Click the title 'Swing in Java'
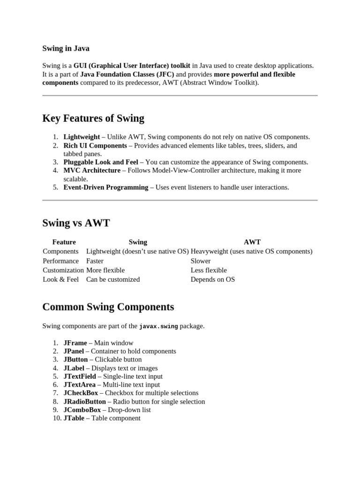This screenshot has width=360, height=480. coord(66,48)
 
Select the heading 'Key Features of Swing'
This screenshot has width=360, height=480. coord(93,118)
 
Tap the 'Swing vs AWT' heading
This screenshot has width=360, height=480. coord(76,223)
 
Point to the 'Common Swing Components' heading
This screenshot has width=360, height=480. coord(108,307)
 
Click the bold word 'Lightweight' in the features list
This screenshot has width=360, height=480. coord(82,137)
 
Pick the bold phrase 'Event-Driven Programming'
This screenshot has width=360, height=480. coord(106,187)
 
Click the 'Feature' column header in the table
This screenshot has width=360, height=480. coord(64,242)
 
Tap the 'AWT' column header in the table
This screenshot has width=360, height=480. coord(252,242)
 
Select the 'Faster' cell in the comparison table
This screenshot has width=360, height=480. coord(95,261)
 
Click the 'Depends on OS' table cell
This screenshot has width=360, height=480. coord(213,280)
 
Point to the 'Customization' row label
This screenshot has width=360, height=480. coord(63,270)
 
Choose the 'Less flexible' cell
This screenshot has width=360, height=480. coord(209,270)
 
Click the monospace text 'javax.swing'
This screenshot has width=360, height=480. coord(158,326)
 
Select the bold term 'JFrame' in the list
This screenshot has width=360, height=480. coord(75,343)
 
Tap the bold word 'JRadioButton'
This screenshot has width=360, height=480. coord(84,402)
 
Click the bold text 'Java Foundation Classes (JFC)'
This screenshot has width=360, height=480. coord(127,75)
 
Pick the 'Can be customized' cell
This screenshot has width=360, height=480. coord(113,280)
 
